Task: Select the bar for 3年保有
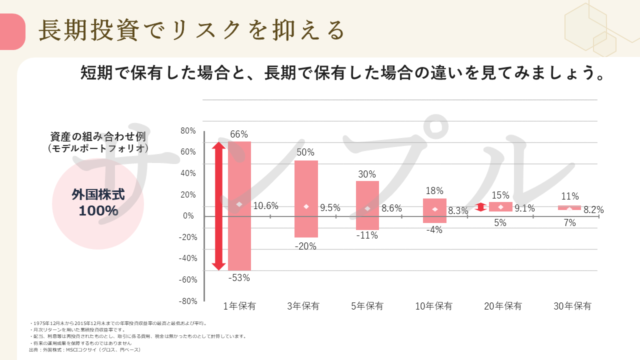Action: [x=306, y=180]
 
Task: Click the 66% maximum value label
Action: [x=239, y=134]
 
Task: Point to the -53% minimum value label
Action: [x=239, y=278]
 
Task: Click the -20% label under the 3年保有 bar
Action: [x=305, y=246]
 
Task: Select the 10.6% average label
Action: [x=265, y=205]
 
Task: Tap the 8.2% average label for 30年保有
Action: [x=593, y=210]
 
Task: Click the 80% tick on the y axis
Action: [x=188, y=131]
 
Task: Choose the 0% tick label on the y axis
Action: [x=188, y=216]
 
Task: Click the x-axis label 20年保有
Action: [x=503, y=306]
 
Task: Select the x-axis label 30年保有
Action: [x=572, y=306]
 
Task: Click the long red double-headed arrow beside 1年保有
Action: [x=218, y=206]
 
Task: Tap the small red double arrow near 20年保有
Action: [x=480, y=207]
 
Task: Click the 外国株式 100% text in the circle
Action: [x=98, y=202]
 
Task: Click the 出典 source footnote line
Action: [x=85, y=350]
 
